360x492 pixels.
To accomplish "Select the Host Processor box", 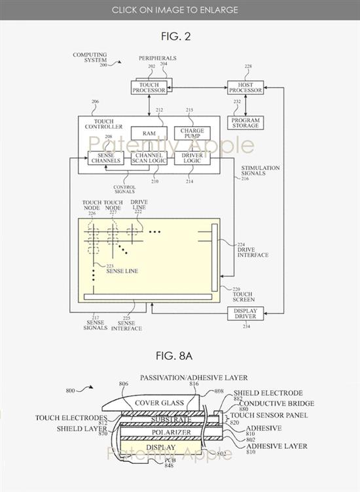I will click(x=245, y=87).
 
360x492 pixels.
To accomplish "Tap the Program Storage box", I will click(x=245, y=122).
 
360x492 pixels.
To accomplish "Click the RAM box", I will click(x=148, y=133).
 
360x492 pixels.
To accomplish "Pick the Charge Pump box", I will click(x=192, y=133).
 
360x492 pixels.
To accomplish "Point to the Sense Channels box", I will click(x=105, y=158).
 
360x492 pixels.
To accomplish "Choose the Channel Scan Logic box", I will click(x=148, y=158).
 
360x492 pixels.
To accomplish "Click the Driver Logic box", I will click(x=192, y=158).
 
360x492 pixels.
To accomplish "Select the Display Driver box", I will click(x=245, y=313).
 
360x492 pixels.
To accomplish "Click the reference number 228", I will click(x=248, y=66).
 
